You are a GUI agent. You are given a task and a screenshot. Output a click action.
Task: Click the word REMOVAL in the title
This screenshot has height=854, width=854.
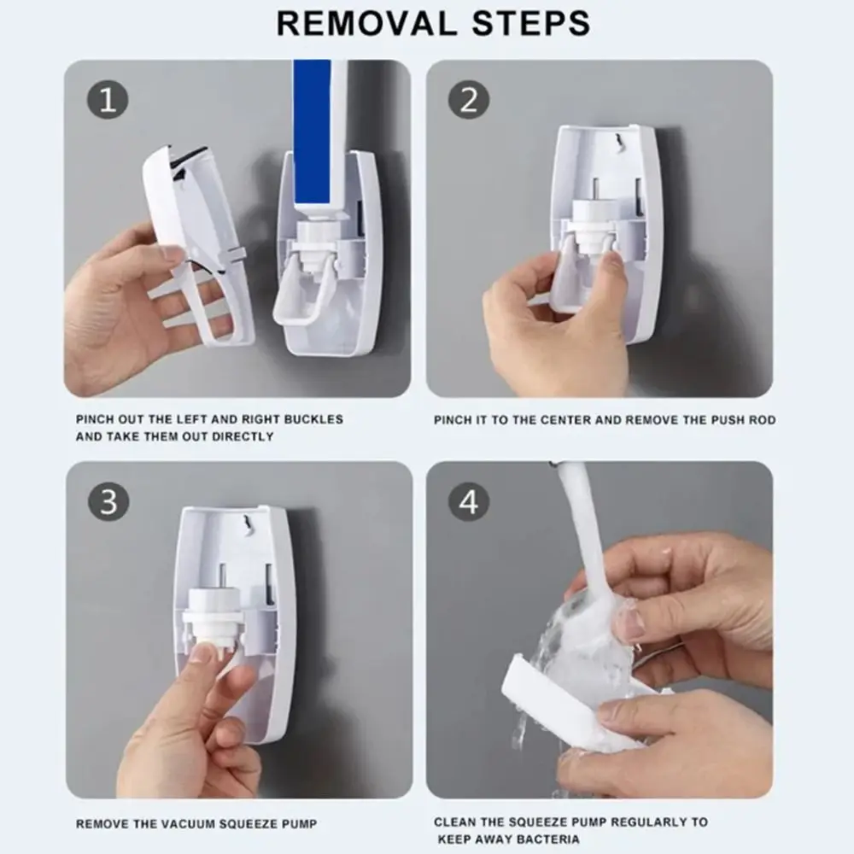tap(366, 23)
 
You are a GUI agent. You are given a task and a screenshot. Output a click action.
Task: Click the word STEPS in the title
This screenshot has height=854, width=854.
tap(531, 23)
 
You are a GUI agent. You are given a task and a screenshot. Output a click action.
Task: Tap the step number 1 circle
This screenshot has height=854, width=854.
tap(108, 100)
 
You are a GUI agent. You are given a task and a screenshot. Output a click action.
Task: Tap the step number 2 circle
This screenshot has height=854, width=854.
tap(469, 100)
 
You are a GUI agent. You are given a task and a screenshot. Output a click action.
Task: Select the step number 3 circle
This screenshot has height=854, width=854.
tap(108, 501)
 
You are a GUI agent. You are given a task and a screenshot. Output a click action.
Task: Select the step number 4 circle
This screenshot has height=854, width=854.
tap(469, 501)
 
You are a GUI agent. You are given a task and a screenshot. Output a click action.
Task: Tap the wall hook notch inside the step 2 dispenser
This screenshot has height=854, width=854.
tap(617, 142)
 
